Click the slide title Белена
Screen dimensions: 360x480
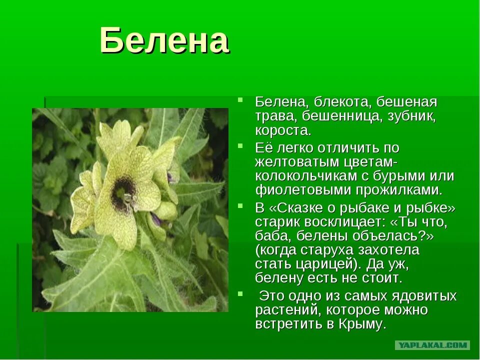point(164,41)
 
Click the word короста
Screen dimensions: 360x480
point(283,130)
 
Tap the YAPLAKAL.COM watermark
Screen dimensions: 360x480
point(432,345)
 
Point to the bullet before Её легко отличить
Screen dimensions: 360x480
point(241,145)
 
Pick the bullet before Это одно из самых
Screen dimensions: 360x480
point(241,293)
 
